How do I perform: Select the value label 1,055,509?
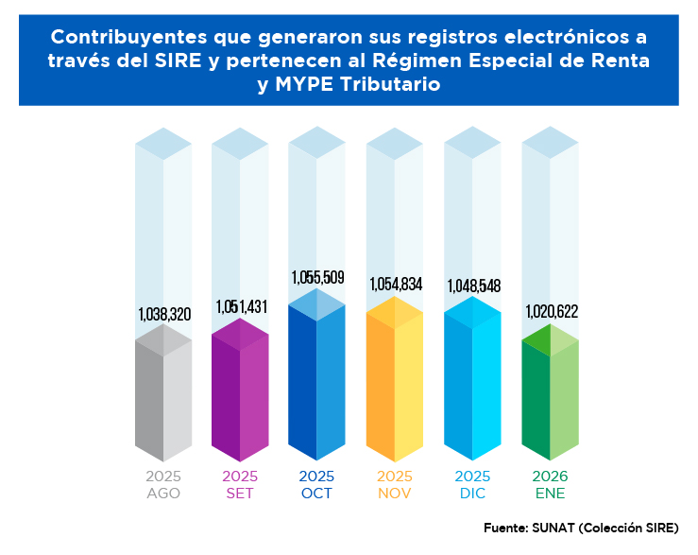pyautogui.click(x=317, y=278)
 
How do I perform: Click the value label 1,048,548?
pyautogui.click(x=472, y=285)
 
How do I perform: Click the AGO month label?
pyautogui.click(x=163, y=494)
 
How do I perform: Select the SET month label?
pyautogui.click(x=240, y=494)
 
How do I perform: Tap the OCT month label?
pyautogui.click(x=316, y=494)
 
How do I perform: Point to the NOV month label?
pyautogui.click(x=395, y=494)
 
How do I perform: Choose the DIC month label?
pyautogui.click(x=472, y=494)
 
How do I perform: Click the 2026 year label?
pyautogui.click(x=550, y=477)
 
